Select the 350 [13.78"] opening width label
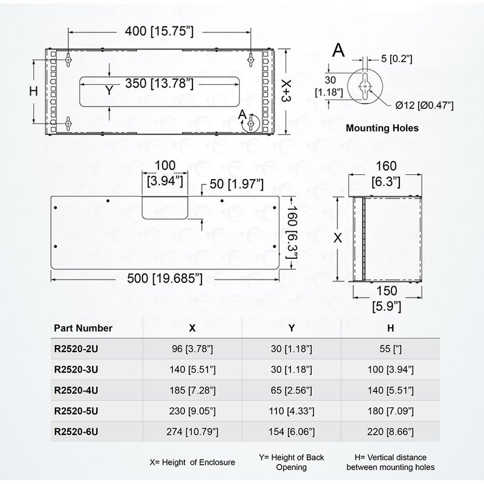pos(159,83)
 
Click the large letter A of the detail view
pos(339,50)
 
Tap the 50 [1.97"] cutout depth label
pos(237,183)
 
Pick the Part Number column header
pos(83,328)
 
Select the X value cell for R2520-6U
pos(192,431)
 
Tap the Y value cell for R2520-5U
pos(292,410)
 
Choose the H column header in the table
pos(391,328)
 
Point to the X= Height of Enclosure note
pos(191,462)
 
